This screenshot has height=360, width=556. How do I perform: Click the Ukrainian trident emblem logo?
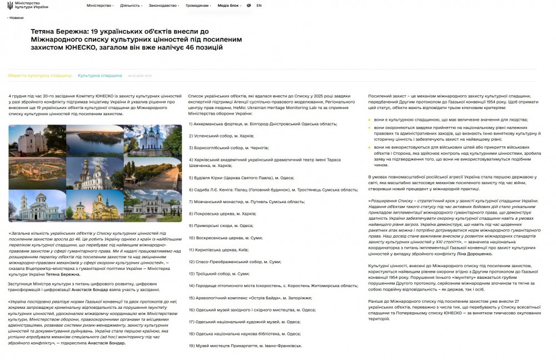(9, 5)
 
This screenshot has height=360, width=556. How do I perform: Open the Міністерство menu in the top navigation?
(100, 6)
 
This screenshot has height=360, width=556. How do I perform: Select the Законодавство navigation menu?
(164, 6)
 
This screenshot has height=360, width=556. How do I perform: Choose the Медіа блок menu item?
(229, 6)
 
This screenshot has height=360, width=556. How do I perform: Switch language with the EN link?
(259, 6)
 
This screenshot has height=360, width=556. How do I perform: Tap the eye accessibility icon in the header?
(249, 6)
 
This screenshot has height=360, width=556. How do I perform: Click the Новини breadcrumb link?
(16, 18)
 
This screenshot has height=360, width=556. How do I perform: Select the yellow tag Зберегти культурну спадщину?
(39, 75)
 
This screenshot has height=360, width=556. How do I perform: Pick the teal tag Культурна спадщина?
(100, 75)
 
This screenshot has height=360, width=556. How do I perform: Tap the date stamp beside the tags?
(140, 76)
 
